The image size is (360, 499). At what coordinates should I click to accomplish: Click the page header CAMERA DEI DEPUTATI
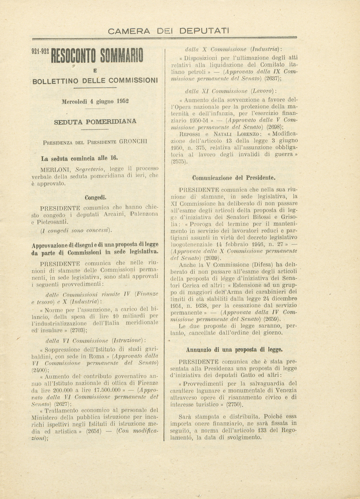(168, 31)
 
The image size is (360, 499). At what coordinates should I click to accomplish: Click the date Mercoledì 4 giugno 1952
(95, 101)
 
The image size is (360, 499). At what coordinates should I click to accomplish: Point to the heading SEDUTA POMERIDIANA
(95, 121)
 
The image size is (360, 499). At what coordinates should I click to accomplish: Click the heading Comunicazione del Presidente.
(234, 178)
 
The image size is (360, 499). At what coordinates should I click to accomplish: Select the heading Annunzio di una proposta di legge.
(234, 350)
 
